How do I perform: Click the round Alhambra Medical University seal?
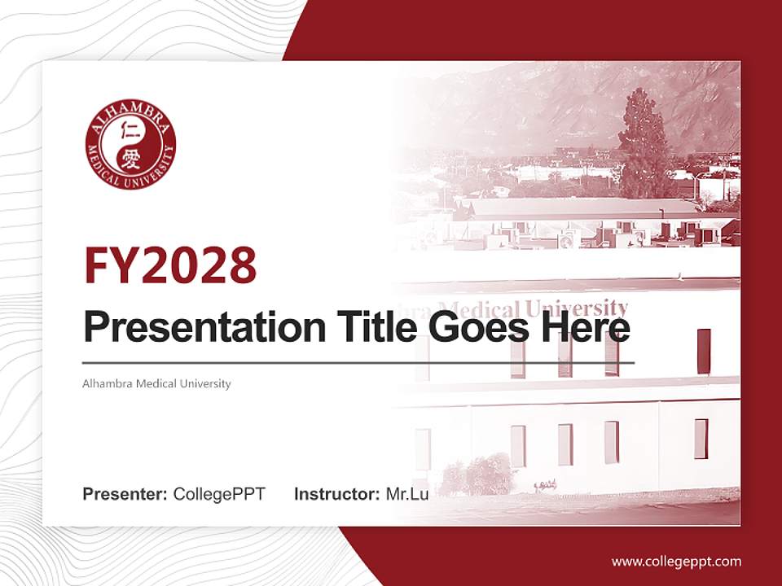130,146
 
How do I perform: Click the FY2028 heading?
170,265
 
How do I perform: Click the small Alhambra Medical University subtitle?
157,383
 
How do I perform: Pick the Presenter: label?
125,494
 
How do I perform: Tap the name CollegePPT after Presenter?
219,494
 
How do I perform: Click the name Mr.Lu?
407,494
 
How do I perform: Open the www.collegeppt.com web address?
676,562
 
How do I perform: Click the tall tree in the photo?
644,142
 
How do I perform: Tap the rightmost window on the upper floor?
704,351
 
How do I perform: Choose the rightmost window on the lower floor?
701,439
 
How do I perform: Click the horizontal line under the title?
358,362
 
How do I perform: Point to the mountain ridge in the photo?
570,90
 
